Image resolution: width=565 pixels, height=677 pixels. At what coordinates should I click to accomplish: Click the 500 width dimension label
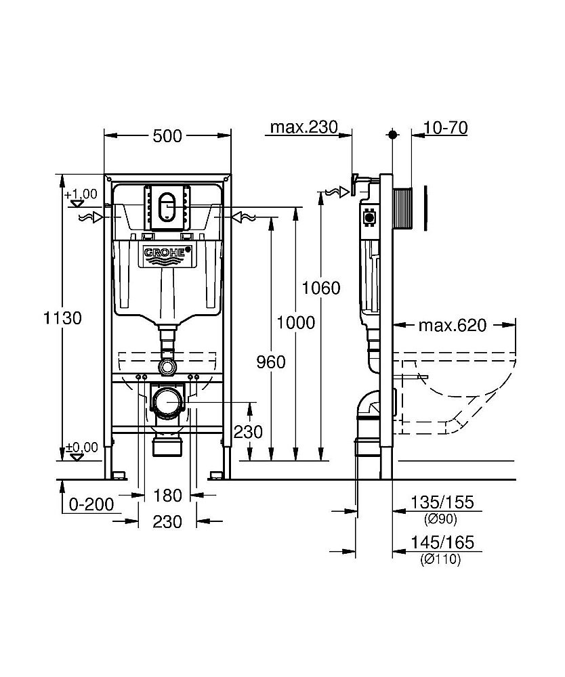[167, 136]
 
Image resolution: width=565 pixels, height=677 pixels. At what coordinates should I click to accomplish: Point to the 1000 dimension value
[297, 323]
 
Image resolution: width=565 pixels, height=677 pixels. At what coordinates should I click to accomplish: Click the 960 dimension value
[272, 362]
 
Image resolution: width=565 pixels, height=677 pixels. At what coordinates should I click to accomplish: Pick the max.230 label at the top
[303, 127]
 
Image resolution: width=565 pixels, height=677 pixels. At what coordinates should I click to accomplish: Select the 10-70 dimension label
[445, 127]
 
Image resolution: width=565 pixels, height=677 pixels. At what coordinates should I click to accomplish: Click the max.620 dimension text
[452, 326]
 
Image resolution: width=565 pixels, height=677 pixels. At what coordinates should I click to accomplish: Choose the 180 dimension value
[167, 496]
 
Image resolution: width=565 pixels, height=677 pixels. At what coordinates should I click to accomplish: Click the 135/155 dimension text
[442, 502]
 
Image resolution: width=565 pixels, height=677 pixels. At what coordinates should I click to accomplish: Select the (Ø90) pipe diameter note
[441, 520]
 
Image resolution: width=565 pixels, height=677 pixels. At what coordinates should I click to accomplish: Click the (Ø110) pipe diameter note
[441, 560]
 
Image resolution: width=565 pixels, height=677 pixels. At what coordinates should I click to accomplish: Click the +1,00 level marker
[81, 194]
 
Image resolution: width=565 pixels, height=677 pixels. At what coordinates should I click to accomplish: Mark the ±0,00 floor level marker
[81, 447]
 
